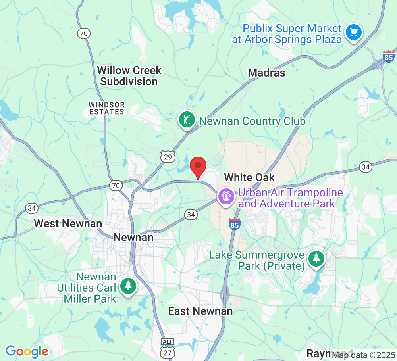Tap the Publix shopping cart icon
point(353,32)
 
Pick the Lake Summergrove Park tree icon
point(316,259)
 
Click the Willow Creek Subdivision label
point(129,76)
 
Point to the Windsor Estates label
point(106,108)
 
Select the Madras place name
point(266,73)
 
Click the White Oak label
point(249,177)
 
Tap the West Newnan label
point(68,223)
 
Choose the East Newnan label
point(200,311)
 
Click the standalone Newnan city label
point(133,238)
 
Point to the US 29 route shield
point(168,157)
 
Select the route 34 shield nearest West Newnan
point(31,208)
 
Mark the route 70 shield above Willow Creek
point(83,33)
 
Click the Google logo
point(27,351)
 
